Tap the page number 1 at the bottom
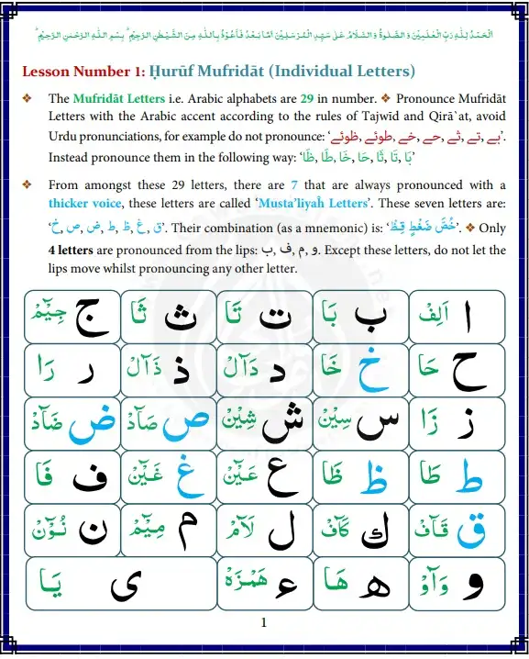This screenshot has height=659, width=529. point(264,624)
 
